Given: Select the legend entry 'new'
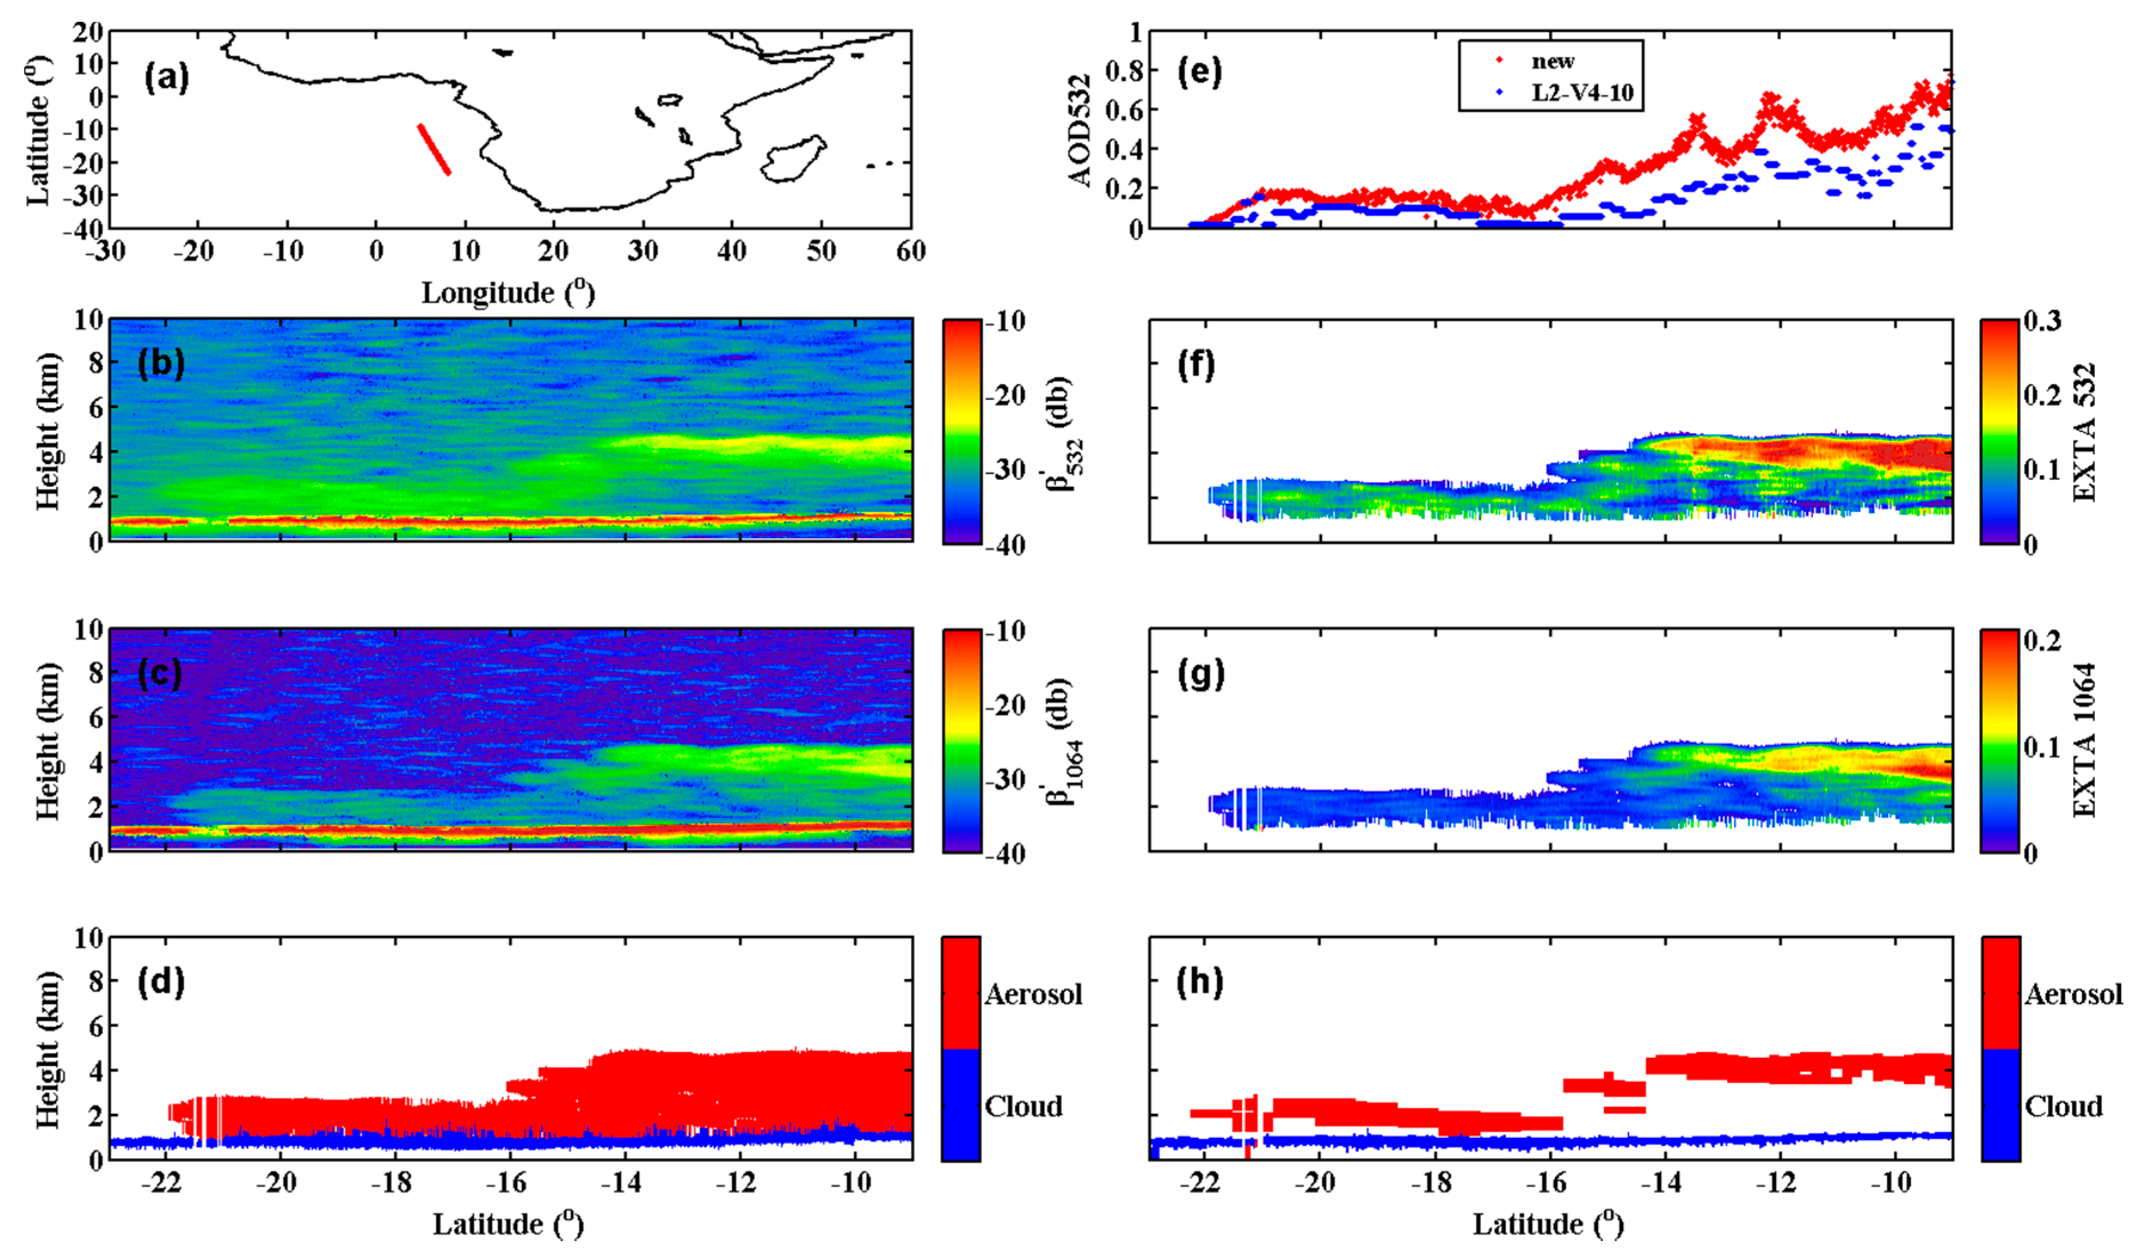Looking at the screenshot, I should pos(1552,61).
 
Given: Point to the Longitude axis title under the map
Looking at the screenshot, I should pos(508,293).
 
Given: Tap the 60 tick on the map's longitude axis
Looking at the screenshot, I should pos(910,251).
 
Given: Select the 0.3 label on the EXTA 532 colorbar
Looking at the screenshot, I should pos(2042,321).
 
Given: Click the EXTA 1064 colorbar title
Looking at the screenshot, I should pos(2083,739).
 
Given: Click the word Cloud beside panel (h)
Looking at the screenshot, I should pos(2063,1107).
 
